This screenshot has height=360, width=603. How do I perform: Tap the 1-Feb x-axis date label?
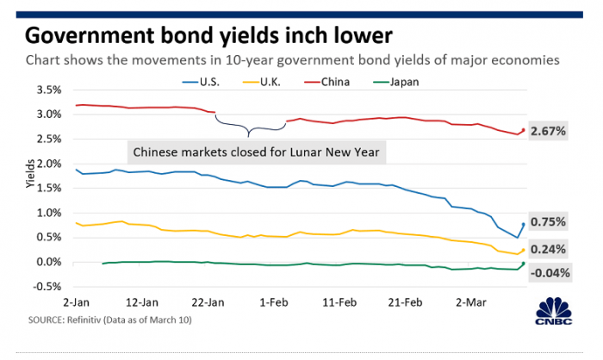(x=274, y=302)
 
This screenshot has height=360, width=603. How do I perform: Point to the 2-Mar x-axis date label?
(x=472, y=302)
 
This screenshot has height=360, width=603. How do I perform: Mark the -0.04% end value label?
(x=550, y=273)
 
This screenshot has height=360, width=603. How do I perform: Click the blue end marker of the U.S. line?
(x=523, y=225)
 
